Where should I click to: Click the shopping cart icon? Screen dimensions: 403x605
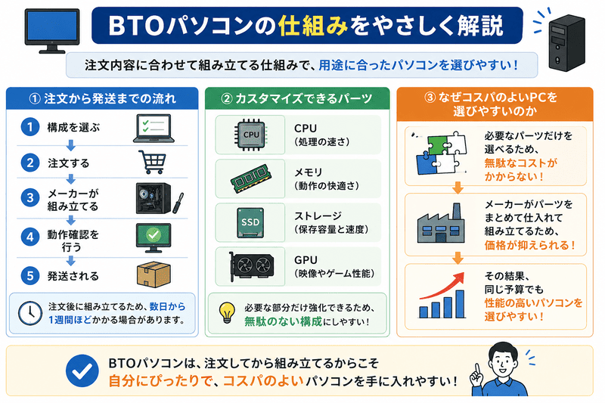153,162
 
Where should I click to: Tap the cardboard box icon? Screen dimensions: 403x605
153,274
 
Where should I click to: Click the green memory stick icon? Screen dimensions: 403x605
251,178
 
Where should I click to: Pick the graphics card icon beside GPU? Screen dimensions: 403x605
251,266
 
